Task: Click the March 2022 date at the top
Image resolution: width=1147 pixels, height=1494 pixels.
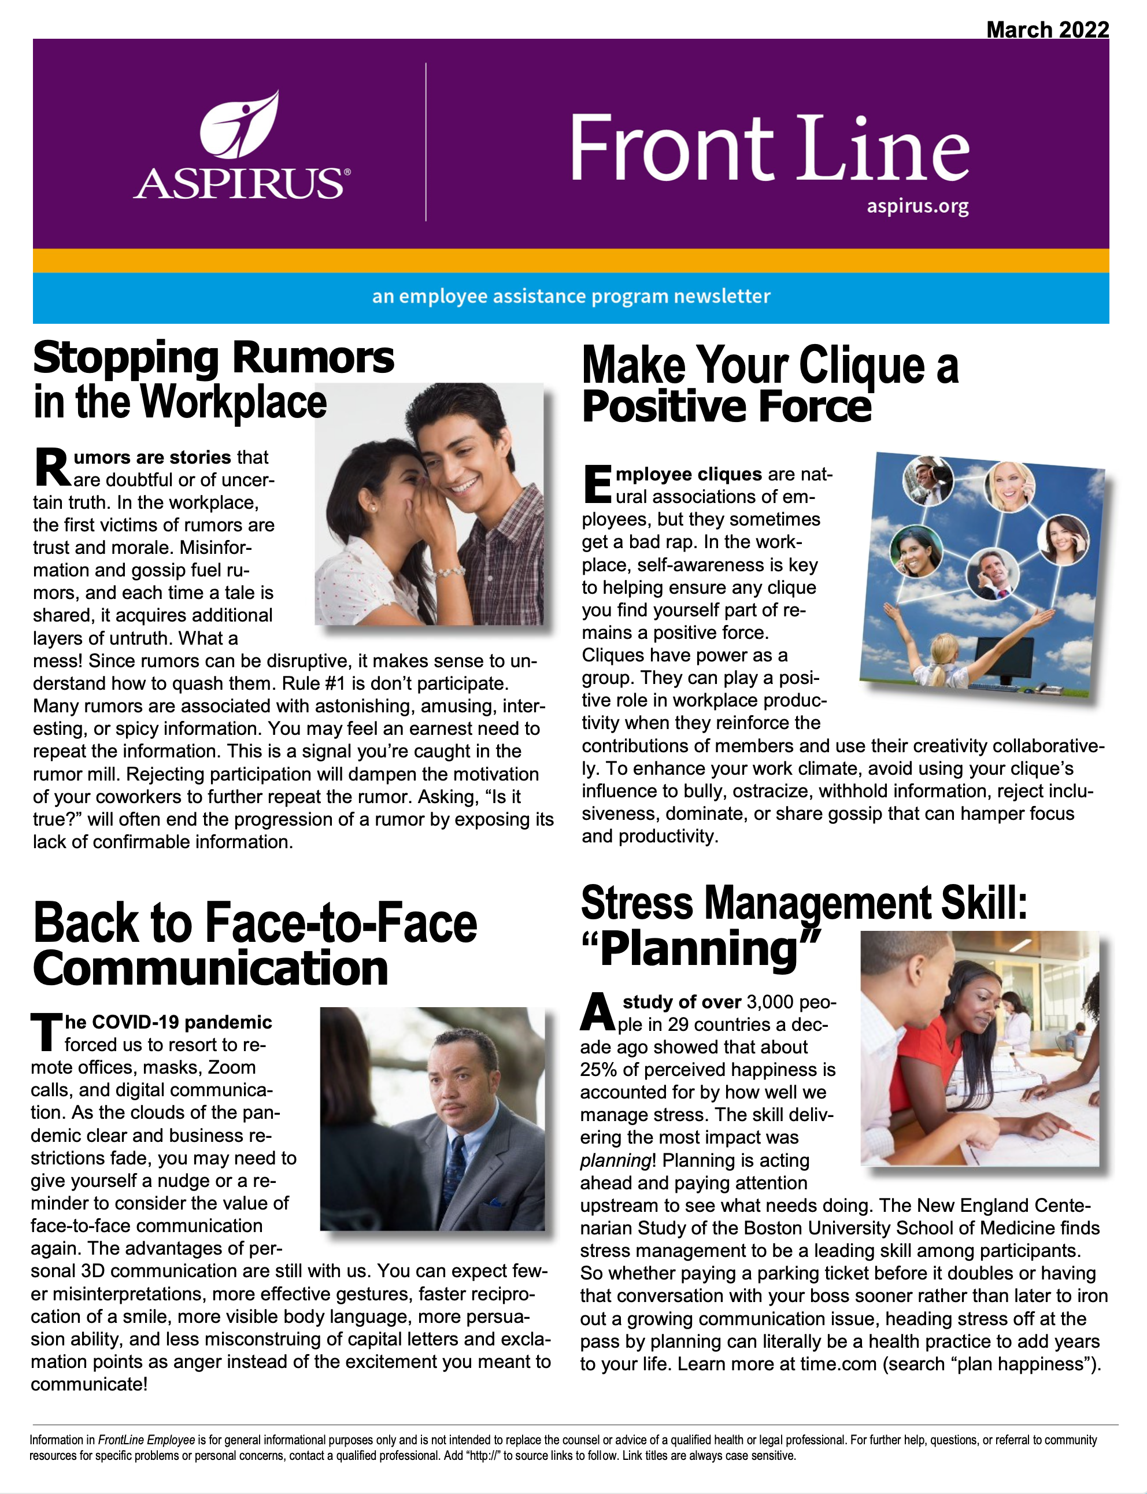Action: tap(1046, 29)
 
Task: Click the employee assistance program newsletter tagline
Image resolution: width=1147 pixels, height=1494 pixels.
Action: tap(571, 297)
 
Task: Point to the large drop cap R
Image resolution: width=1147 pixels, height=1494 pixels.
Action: tap(51, 468)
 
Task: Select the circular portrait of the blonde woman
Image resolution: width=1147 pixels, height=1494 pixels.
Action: tap(1009, 486)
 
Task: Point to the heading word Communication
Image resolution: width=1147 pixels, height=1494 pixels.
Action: tap(210, 968)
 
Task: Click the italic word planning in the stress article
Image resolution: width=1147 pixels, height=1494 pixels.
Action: tap(615, 1160)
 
